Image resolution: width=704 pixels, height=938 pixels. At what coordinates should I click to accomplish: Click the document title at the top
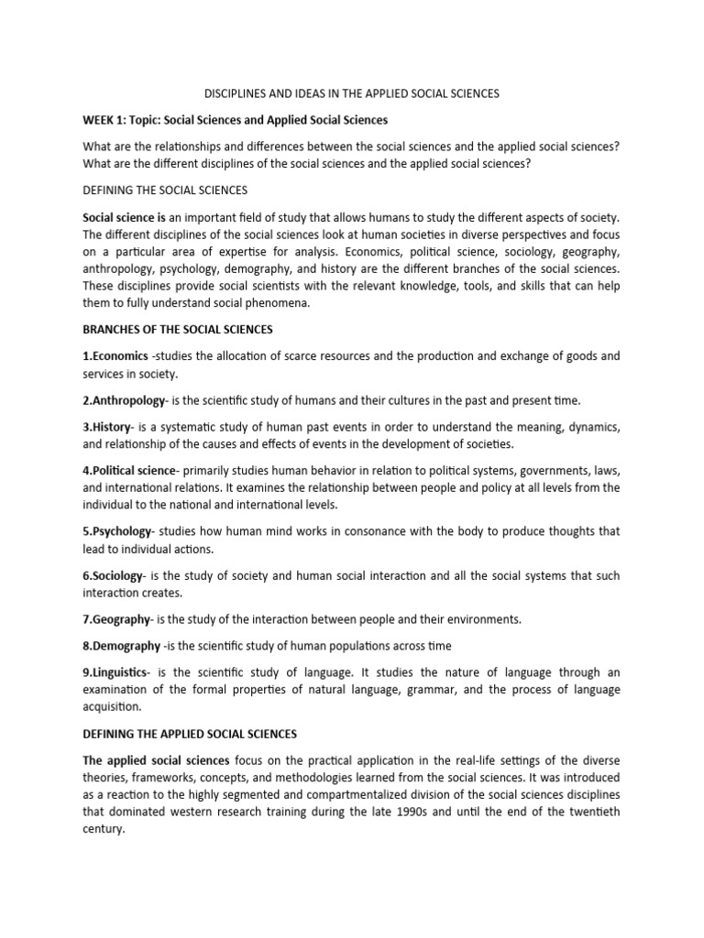351,93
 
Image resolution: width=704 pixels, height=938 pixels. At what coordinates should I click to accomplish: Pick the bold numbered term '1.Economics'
115,355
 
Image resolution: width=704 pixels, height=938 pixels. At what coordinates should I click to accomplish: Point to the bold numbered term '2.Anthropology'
125,400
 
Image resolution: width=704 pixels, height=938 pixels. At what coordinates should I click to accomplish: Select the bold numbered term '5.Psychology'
119,531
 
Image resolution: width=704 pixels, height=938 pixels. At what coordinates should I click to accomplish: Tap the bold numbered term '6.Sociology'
114,575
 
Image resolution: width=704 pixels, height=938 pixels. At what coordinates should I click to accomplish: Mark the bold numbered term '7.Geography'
117,620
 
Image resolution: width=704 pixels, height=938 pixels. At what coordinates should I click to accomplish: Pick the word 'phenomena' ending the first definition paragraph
280,303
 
